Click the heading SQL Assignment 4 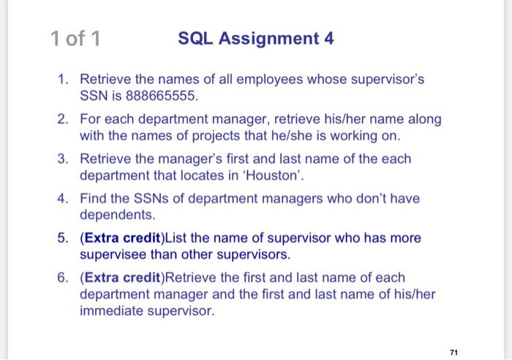click(256, 39)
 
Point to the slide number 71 click(454, 352)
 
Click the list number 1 click(64, 78)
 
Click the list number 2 click(64, 119)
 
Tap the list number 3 click(64, 159)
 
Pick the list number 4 click(64, 198)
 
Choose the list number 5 click(64, 239)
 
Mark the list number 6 click(64, 278)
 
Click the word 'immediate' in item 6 click(110, 312)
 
